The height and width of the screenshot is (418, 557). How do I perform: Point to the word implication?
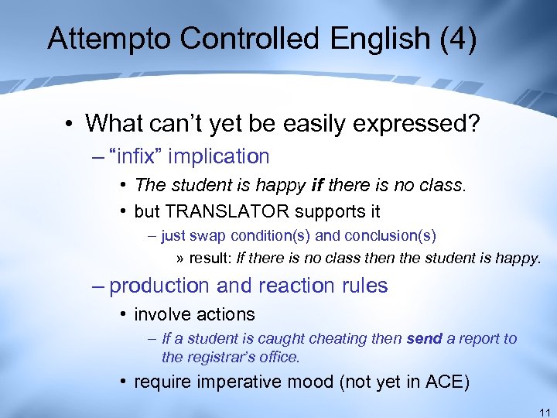click(x=219, y=156)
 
